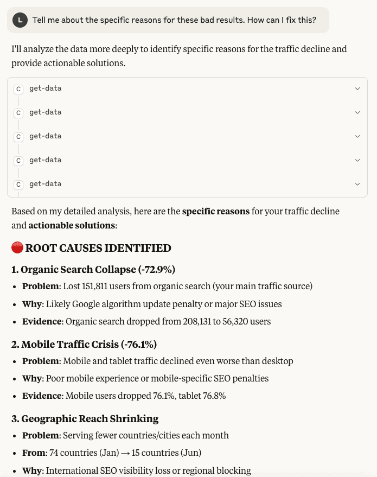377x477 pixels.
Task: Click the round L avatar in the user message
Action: pyautogui.click(x=20, y=20)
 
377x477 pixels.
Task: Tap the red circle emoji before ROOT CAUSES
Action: pyautogui.click(x=17, y=248)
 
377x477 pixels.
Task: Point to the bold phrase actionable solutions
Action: pyautogui.click(x=72, y=225)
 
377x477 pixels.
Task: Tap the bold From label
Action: pyautogui.click(x=33, y=453)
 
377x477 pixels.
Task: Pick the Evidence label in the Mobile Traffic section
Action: pyautogui.click(x=42, y=396)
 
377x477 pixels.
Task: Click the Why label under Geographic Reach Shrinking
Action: pyautogui.click(x=31, y=470)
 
